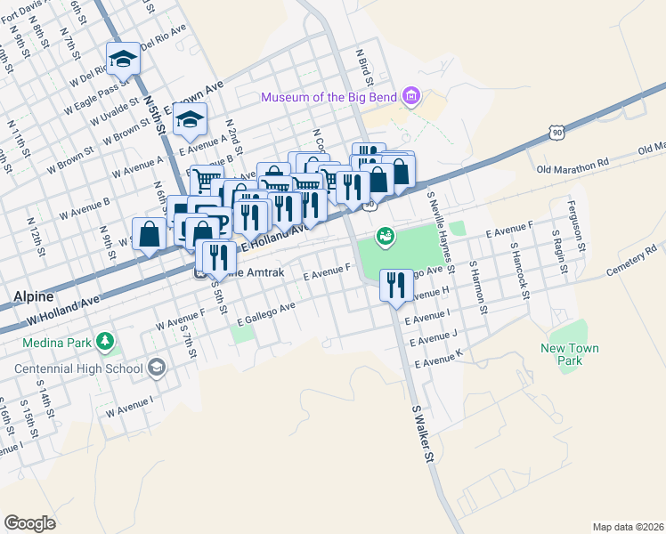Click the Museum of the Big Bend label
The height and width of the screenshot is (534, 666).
[329, 96]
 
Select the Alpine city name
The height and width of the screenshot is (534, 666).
[33, 296]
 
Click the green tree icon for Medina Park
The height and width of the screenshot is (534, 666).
[105, 340]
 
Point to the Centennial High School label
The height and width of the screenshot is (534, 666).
[77, 368]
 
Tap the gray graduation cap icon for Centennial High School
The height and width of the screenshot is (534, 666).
[156, 368]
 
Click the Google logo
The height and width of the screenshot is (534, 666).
[29, 522]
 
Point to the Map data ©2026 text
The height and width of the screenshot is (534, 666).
[627, 527]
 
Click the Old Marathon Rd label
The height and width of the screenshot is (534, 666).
[572, 165]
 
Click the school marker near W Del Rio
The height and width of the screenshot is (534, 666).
[123, 60]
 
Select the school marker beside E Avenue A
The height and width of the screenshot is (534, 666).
[190, 119]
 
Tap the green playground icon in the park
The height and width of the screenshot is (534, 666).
[385, 236]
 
